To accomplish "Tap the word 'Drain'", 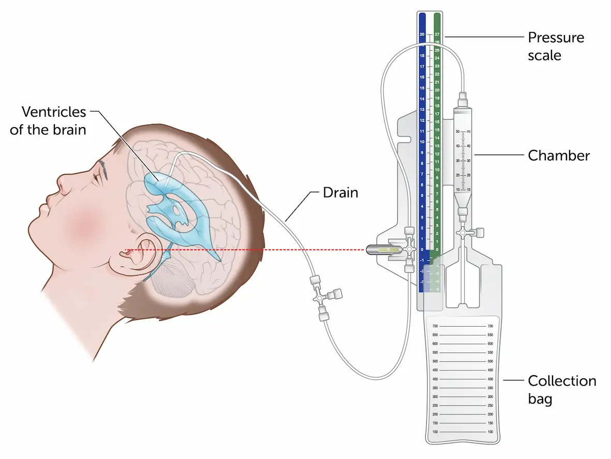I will [340, 193].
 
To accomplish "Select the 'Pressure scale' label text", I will [556, 46].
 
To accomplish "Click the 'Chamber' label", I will [559, 156].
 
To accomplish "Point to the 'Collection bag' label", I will [561, 390].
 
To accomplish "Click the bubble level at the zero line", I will [385, 250].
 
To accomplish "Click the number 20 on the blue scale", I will [422, 35].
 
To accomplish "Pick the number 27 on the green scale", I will [437, 35].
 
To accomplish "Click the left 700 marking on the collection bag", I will [435, 326].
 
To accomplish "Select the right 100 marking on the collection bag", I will [489, 432].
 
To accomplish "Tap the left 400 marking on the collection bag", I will [435, 379].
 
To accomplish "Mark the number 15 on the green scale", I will [437, 130].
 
